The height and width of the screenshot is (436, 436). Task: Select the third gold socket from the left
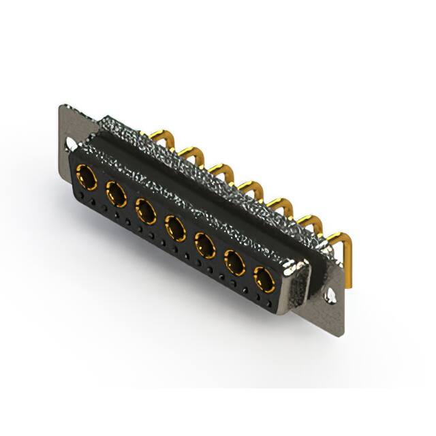(x=146, y=211)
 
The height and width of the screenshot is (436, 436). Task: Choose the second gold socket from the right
(x=234, y=262)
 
